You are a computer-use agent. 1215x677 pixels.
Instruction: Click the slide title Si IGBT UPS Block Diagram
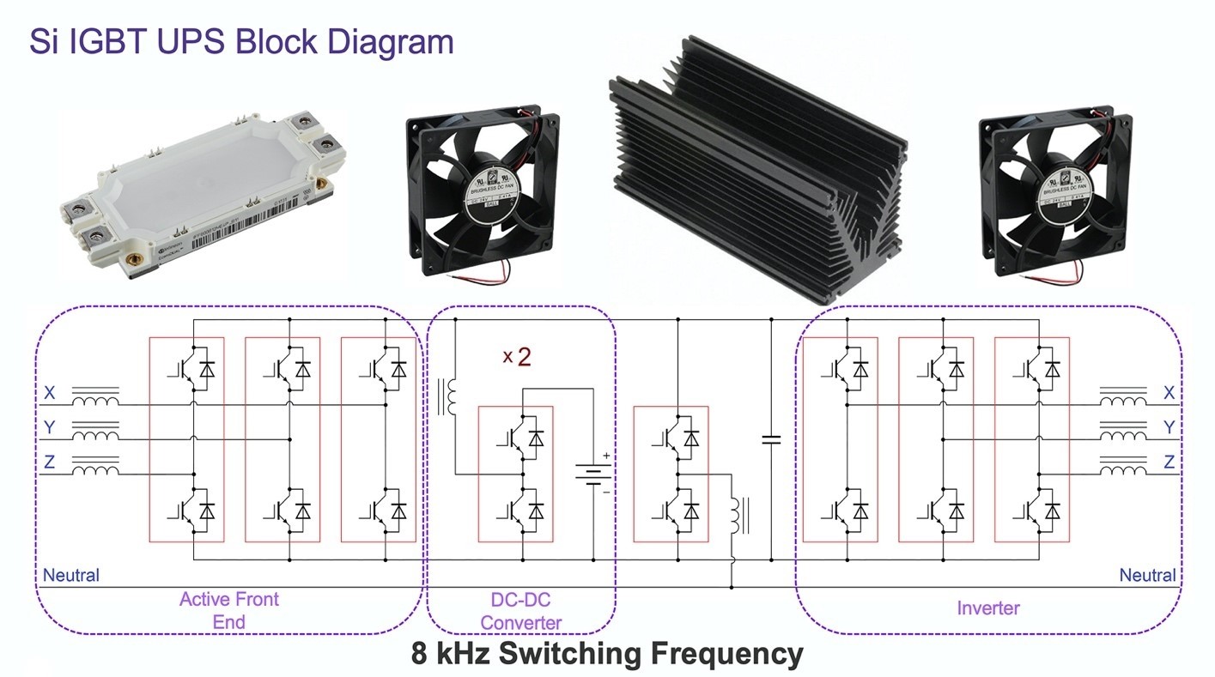pos(241,41)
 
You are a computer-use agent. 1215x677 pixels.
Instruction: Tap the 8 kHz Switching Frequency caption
pos(607,654)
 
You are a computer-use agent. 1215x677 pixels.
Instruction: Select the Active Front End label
pos(228,610)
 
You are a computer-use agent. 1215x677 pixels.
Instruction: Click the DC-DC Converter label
pos(521,612)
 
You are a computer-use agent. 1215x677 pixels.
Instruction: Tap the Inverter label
pos(988,608)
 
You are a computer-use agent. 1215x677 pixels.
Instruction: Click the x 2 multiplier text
pos(517,357)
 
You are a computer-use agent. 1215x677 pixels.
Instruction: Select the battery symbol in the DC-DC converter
pos(592,474)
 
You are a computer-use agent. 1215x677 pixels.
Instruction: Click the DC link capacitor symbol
pos(771,440)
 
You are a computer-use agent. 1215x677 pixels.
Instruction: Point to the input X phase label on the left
pos(50,393)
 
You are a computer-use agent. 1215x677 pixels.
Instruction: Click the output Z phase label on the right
pos(1169,462)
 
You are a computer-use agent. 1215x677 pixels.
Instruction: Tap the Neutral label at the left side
pos(71,575)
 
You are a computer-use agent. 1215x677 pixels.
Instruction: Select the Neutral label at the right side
pos(1147,575)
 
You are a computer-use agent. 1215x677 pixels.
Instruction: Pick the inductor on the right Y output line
pos(1123,432)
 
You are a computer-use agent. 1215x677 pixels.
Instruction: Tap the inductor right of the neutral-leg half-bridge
pos(737,516)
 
